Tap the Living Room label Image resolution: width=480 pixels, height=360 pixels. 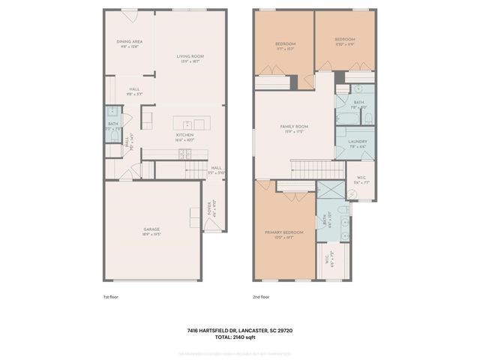[x=190, y=58]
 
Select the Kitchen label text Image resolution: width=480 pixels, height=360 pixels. [x=184, y=136]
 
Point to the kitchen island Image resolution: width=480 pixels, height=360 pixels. [x=188, y=124]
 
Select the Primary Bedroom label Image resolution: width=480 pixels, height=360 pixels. [x=284, y=234]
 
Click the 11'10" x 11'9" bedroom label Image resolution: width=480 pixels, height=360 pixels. [x=344, y=41]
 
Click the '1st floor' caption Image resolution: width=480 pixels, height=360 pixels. [x=111, y=297]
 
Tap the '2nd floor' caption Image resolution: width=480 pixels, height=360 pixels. [x=261, y=297]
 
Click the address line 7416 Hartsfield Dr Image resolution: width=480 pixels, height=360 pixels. [x=239, y=329]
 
